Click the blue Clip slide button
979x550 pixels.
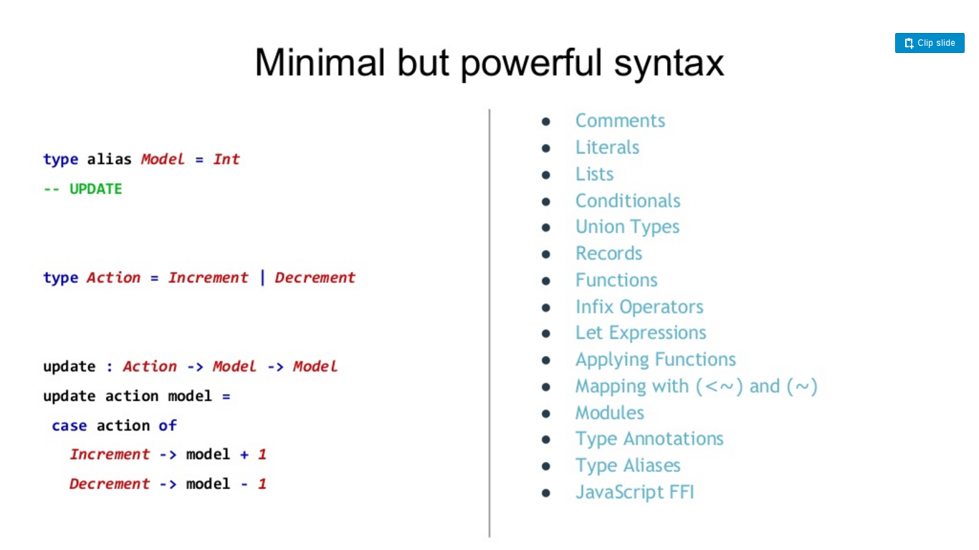(x=929, y=43)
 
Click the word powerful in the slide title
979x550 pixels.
(x=532, y=64)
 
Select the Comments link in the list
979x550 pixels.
(x=620, y=120)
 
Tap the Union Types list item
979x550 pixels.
(x=627, y=227)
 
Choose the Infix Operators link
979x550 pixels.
(x=639, y=307)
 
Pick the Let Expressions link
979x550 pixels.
(x=640, y=333)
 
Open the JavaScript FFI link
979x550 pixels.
(x=634, y=492)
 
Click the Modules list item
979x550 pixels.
(x=609, y=412)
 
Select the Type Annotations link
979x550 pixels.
(x=649, y=439)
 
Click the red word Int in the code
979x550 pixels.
(x=226, y=160)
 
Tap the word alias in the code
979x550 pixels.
(x=109, y=160)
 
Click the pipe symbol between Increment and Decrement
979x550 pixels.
(x=262, y=278)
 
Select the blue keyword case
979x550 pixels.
(x=69, y=425)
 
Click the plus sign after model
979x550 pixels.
(x=244, y=455)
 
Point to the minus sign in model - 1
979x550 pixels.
(x=244, y=484)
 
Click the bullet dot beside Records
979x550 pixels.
(x=546, y=254)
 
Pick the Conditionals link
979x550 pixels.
(x=628, y=201)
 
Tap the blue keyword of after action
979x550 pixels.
(x=168, y=425)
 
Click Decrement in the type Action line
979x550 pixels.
(x=315, y=278)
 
